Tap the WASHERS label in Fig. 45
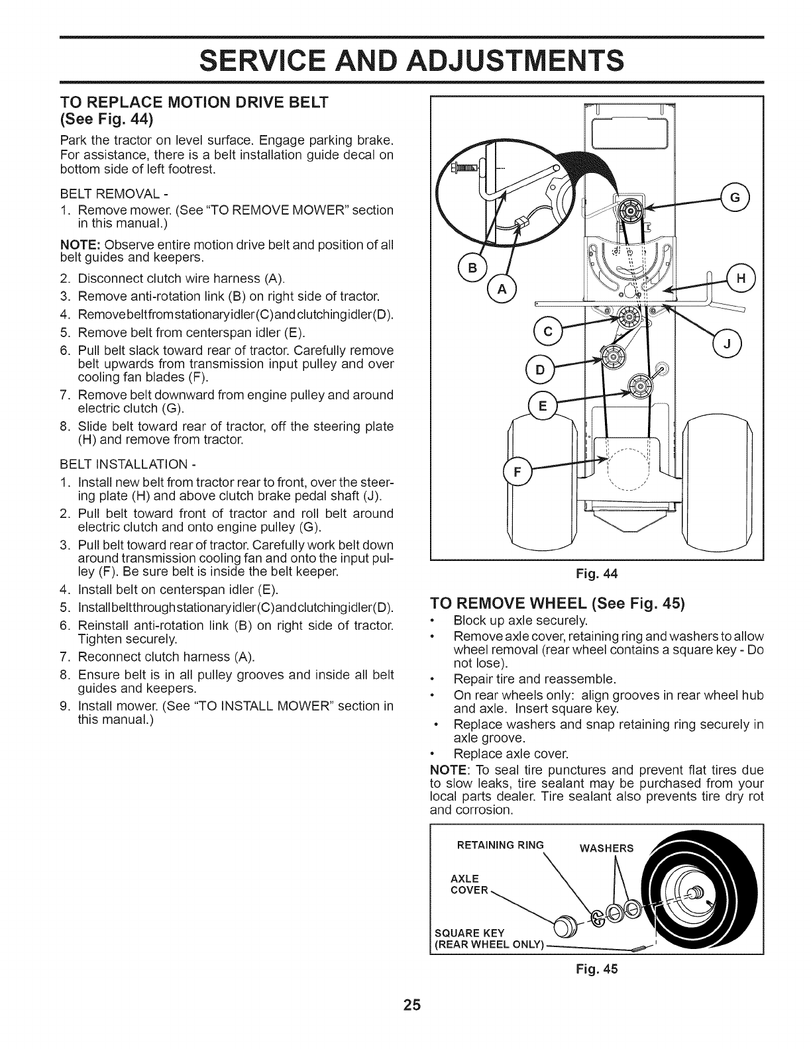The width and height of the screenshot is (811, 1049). (x=606, y=848)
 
